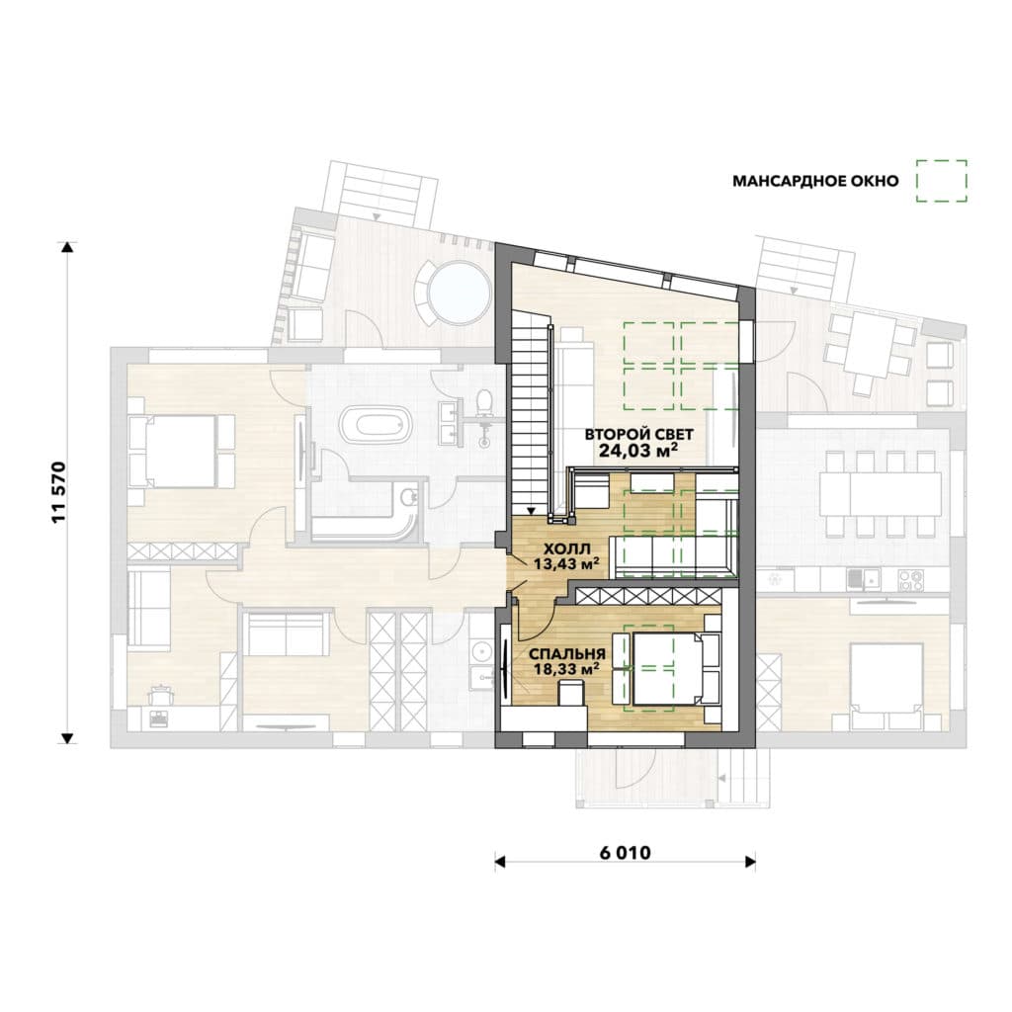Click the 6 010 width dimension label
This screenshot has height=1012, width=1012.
[625, 853]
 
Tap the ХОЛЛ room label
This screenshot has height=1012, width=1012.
[566, 549]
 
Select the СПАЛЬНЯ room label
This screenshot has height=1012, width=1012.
[566, 654]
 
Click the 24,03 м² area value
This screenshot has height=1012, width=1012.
[638, 450]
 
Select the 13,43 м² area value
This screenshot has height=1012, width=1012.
[566, 563]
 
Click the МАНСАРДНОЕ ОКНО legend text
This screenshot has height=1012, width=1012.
[815, 182]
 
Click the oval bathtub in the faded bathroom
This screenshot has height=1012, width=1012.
[377, 424]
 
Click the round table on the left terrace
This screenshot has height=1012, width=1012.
[460, 292]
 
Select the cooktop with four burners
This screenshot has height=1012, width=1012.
[910, 579]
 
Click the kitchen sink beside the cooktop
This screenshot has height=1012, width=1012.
[863, 579]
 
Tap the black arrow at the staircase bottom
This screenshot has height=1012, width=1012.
[530, 511]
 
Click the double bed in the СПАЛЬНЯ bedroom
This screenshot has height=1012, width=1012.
[667, 669]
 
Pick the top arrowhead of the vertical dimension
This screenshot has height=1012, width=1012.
[67, 246]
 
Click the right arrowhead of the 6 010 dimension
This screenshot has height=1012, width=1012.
[751, 862]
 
